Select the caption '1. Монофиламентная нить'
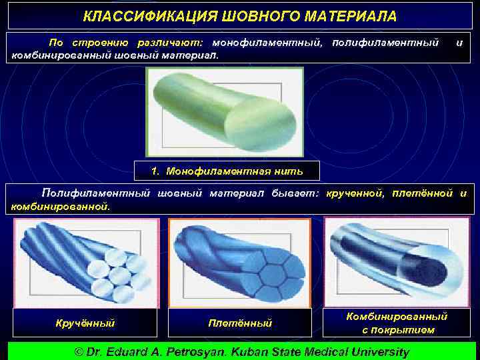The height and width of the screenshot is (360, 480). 227,171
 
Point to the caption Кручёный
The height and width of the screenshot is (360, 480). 84,323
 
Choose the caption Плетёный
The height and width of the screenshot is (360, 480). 240,323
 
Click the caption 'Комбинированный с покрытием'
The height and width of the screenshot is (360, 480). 397,323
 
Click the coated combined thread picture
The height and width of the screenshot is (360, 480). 396,257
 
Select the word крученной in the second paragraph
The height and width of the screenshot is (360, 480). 354,193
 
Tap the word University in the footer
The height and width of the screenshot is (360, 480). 377,351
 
